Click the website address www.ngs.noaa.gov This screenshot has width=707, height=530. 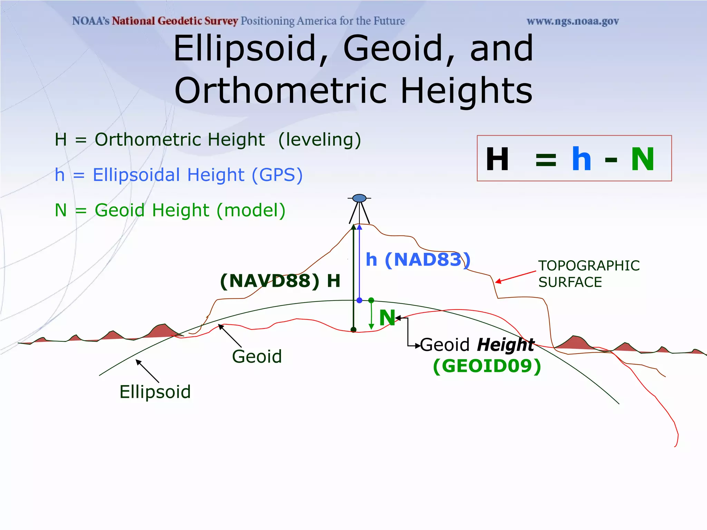click(x=572, y=21)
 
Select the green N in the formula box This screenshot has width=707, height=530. click(x=642, y=159)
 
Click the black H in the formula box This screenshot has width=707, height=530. click(x=497, y=159)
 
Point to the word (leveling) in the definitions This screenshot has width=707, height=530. click(x=320, y=140)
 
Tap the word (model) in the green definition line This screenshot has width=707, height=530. click(x=251, y=210)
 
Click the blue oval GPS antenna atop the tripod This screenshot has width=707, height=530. click(x=359, y=198)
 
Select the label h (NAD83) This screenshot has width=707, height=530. click(x=418, y=259)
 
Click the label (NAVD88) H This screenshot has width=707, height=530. click(x=280, y=281)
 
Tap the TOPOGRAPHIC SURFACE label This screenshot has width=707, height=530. click(x=589, y=274)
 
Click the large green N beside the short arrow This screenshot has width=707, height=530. click(x=387, y=317)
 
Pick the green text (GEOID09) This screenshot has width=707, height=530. click(x=487, y=366)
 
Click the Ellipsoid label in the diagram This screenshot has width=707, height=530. click(x=155, y=392)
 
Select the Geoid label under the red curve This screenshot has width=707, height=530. click(x=257, y=356)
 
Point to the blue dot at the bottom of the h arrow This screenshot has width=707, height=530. click(x=359, y=300)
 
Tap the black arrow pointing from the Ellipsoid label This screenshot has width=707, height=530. click(x=147, y=371)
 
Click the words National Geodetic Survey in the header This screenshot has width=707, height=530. click(x=175, y=21)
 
